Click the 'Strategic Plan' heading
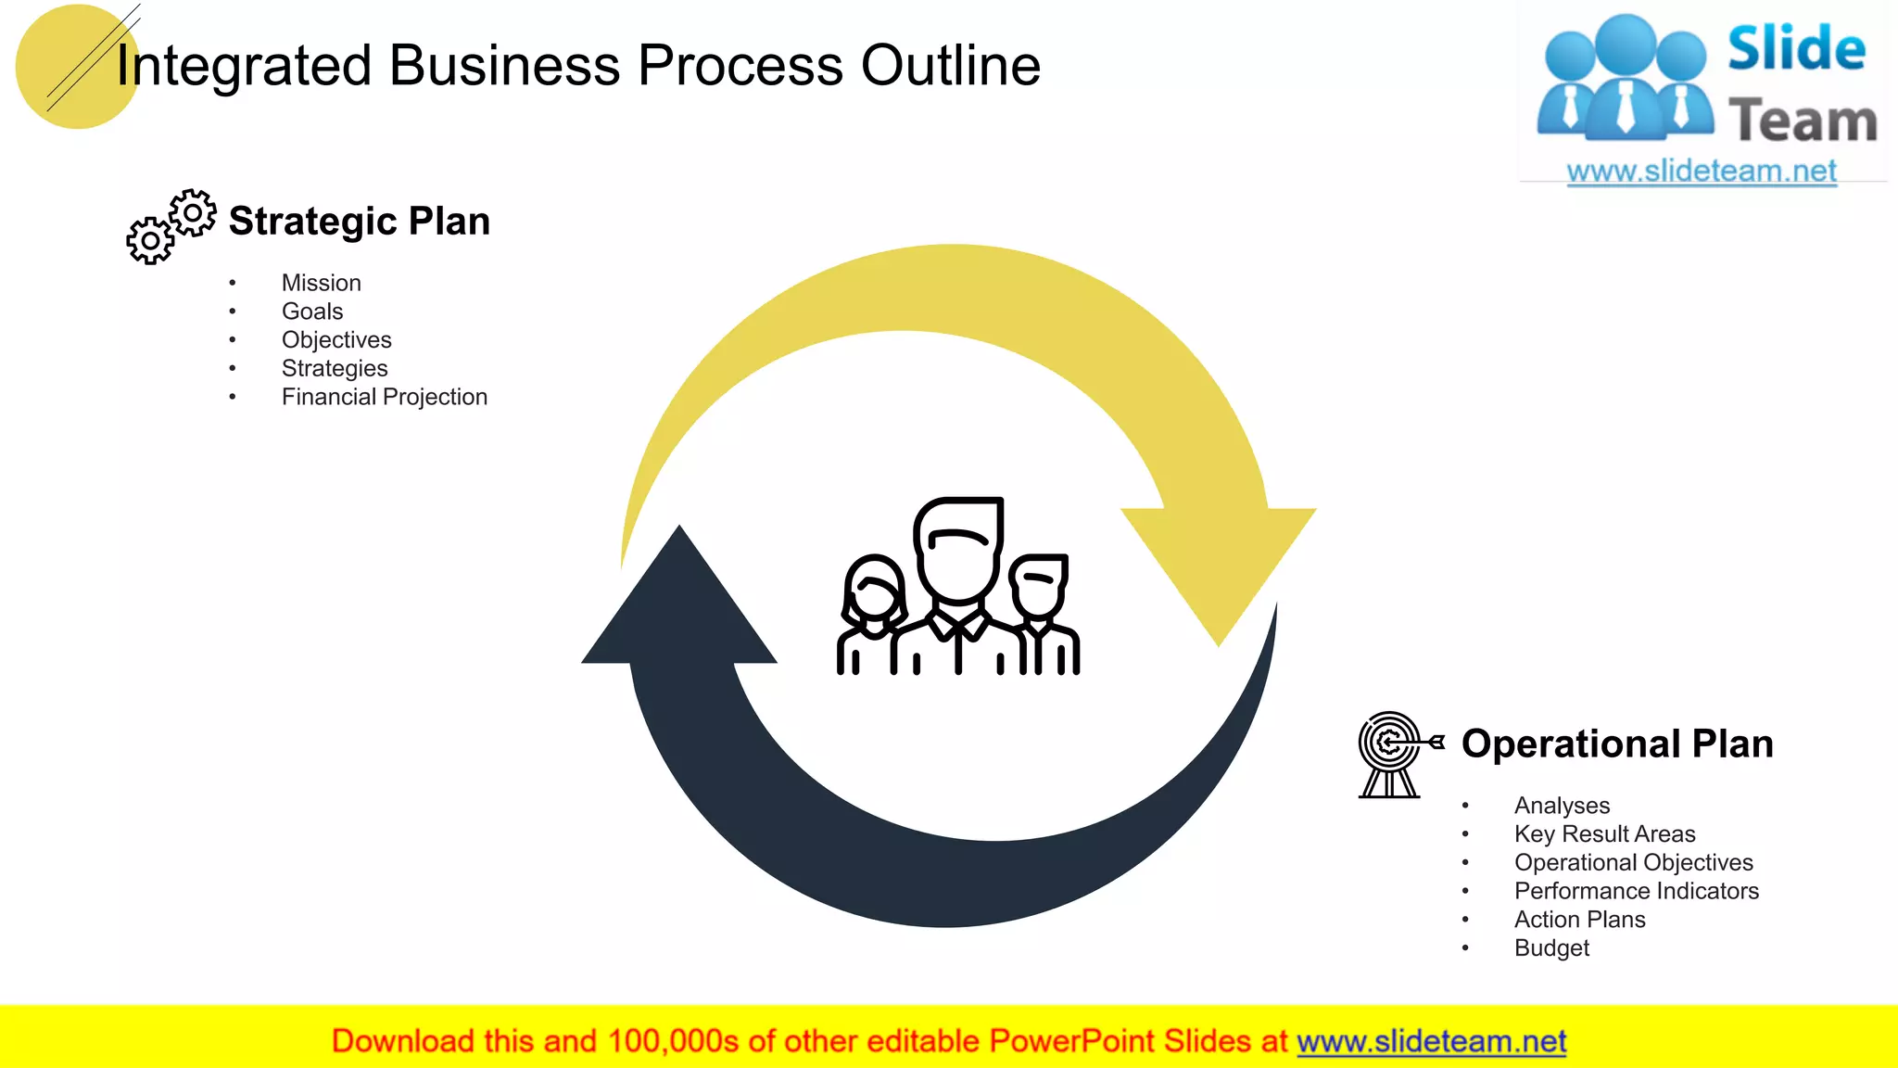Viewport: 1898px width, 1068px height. pos(359,222)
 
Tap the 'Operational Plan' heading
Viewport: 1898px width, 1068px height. pos(1616,744)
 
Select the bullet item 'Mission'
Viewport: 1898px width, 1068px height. pos(321,283)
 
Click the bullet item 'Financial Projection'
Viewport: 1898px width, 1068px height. pos(384,397)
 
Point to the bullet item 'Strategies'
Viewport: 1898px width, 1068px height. pos(334,368)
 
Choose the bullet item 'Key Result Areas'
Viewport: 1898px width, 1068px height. pos(1604,834)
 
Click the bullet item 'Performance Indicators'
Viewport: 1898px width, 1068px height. pos(1636,891)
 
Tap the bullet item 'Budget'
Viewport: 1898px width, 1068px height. pos(1551,948)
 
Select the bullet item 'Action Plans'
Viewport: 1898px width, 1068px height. pos(1579,920)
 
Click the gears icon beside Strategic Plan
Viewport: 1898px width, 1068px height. pos(171,227)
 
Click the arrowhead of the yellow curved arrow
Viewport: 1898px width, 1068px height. pos(1219,566)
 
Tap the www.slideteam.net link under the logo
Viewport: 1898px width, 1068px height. pos(1702,172)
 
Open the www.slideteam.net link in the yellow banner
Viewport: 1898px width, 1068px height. pos(1431,1042)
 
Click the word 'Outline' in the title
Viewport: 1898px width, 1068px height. pos(951,66)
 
